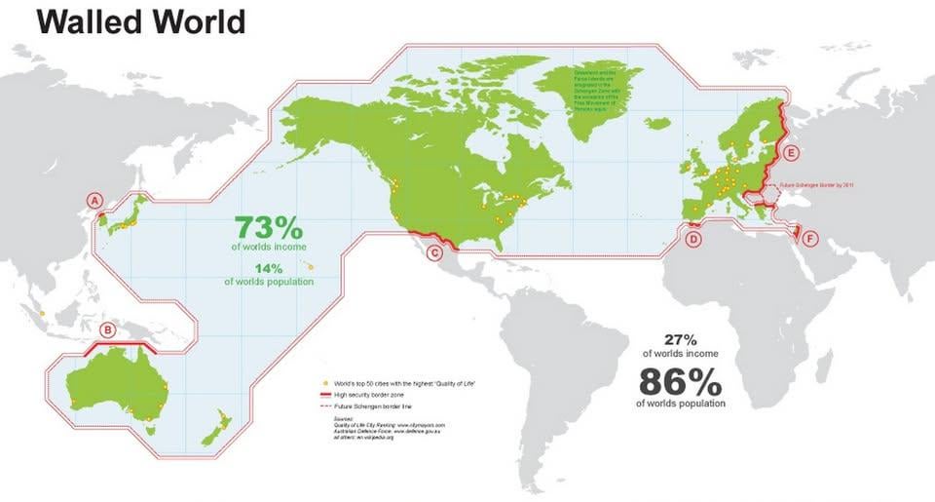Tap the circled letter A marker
pos(95,201)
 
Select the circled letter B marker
pos(108,330)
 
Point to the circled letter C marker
pos(435,254)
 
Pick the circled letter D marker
pos(693,239)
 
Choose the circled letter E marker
pos(791,153)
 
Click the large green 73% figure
pos(269,229)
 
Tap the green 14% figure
pos(269,268)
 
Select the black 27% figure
pos(680,340)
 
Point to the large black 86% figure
pos(680,379)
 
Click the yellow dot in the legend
pos(322,385)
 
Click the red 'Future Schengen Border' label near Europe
pos(805,183)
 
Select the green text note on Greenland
pos(593,87)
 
